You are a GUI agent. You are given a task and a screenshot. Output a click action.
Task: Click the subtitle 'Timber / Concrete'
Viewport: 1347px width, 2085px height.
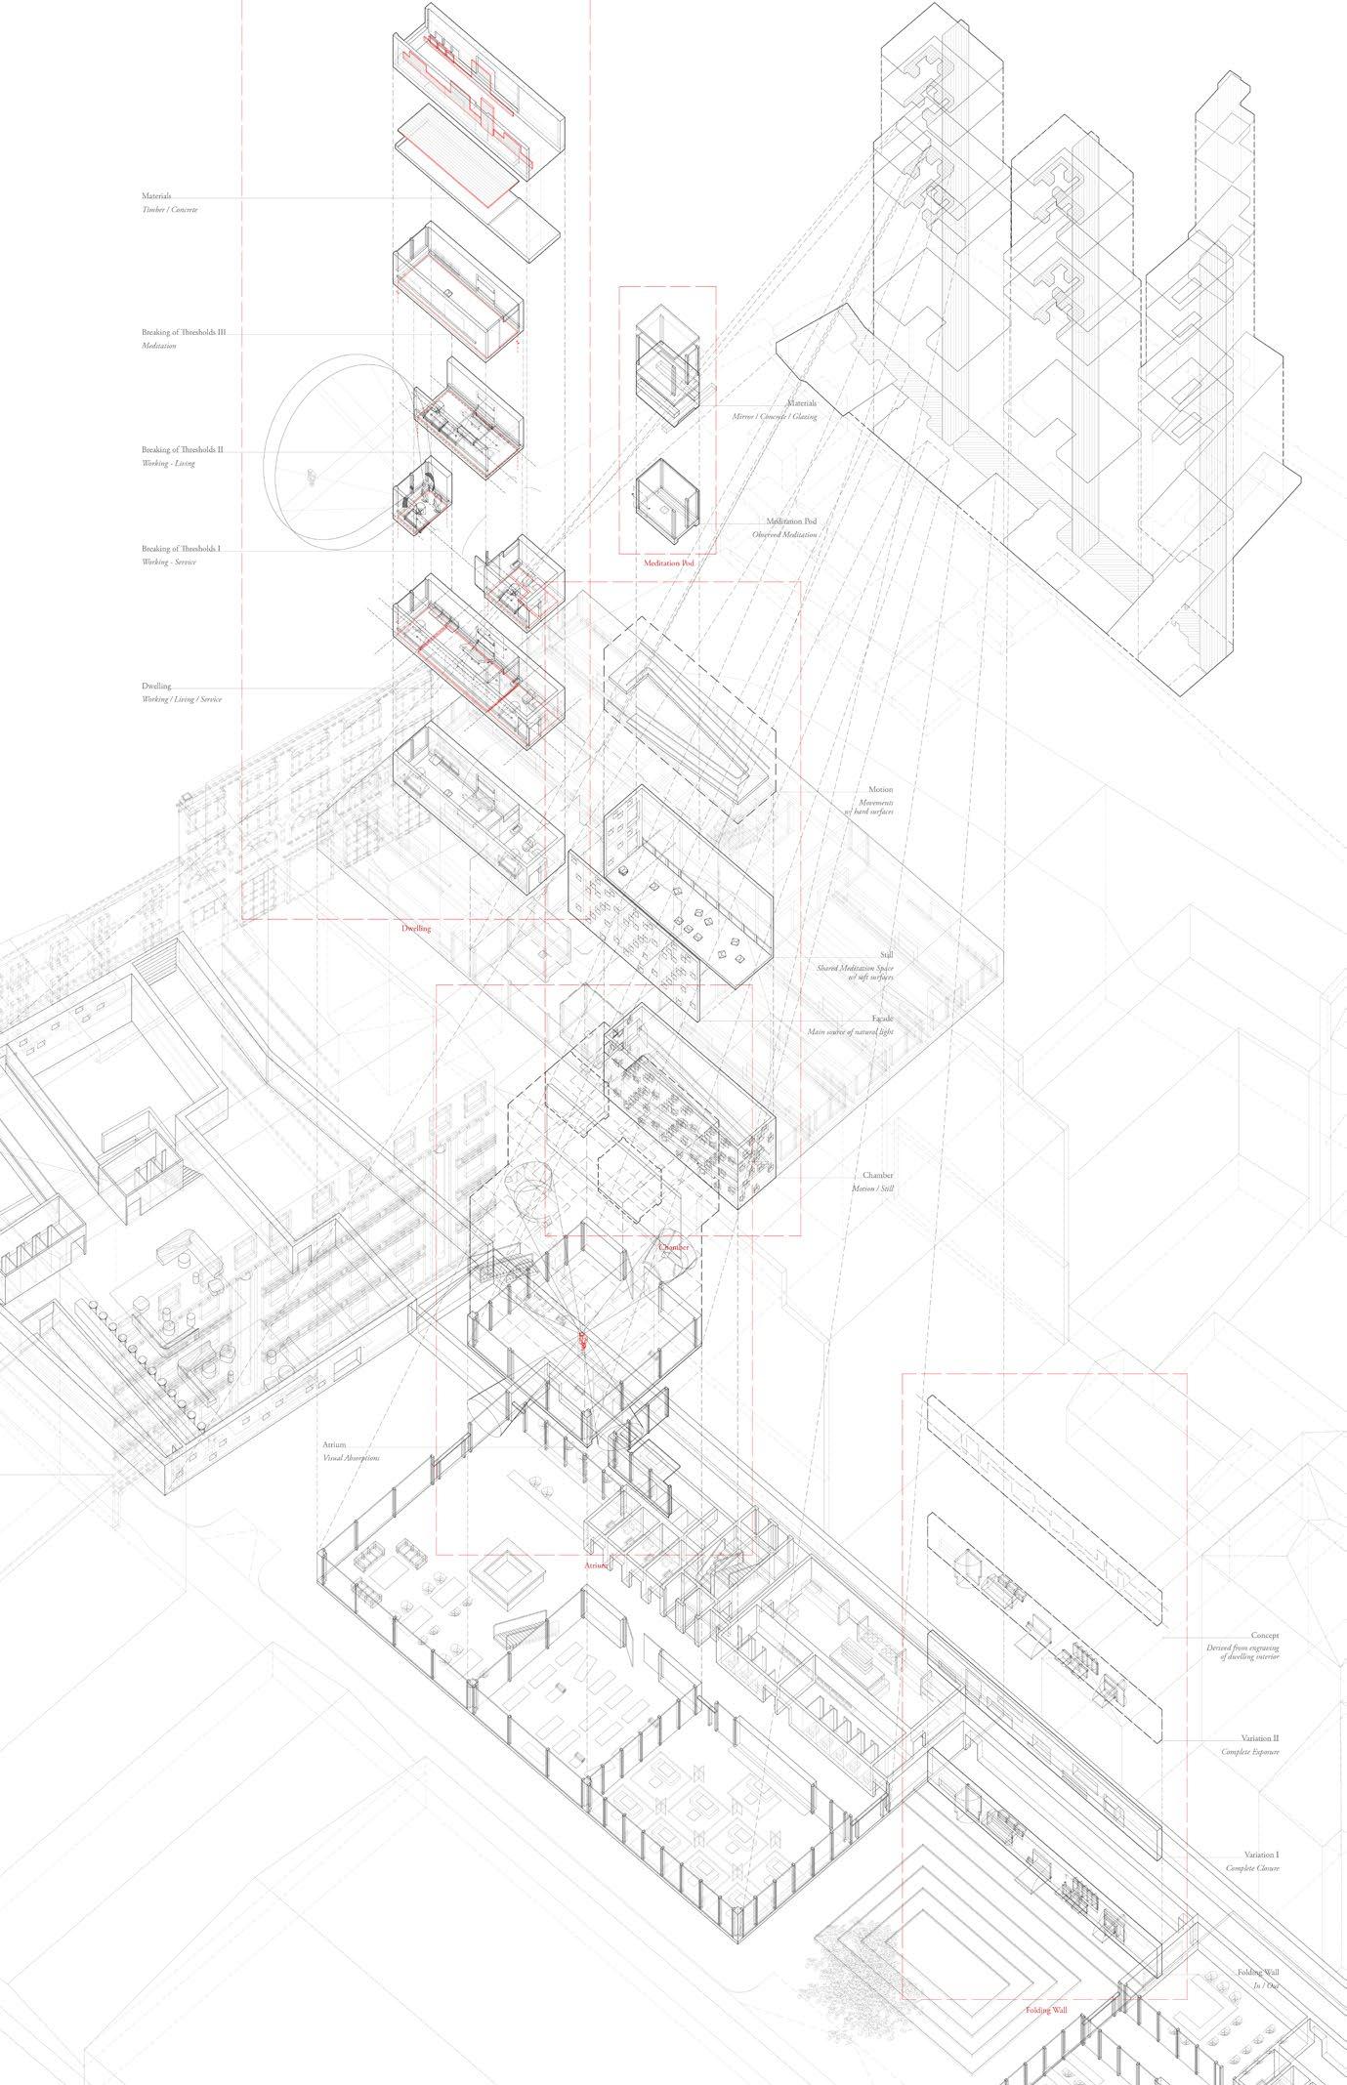170,210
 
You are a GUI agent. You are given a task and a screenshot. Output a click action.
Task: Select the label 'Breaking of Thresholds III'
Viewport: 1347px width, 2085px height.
184,333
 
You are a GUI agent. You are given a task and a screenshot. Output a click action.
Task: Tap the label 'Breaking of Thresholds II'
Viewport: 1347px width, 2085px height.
183,450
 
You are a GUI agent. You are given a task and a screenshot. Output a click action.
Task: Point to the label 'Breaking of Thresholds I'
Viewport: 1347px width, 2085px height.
181,550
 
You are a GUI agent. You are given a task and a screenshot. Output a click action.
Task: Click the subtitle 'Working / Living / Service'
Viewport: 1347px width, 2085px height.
181,699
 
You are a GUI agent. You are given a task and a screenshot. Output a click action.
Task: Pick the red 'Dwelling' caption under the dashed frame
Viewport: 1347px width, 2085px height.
416,929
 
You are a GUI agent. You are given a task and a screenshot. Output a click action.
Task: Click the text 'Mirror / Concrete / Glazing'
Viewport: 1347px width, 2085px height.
775,417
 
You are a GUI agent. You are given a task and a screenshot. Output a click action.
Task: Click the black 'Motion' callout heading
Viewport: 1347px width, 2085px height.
880,789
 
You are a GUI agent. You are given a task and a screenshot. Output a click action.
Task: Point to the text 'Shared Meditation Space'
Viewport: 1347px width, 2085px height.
855,968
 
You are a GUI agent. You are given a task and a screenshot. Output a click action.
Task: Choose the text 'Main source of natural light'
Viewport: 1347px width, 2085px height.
850,1031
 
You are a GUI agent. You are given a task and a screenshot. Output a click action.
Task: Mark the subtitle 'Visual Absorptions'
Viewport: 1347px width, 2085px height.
352,1457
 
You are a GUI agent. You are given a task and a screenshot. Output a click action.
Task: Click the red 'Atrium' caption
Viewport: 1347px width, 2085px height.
596,1564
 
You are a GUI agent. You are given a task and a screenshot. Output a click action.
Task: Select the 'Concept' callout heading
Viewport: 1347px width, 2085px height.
1265,1635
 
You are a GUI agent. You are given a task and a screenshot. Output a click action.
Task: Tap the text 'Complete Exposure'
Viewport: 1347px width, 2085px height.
1250,1752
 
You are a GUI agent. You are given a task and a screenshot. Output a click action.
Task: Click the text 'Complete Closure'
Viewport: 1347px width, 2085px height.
1252,1868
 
